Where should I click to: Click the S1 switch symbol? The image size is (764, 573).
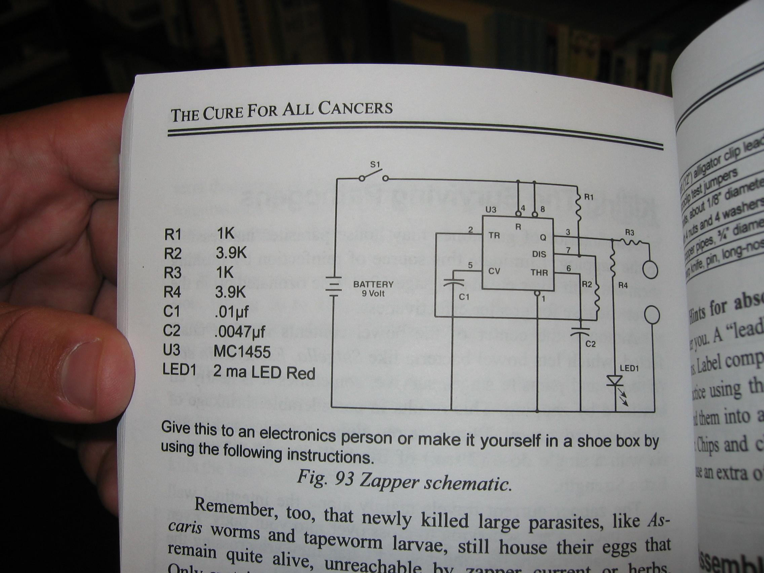click(x=373, y=177)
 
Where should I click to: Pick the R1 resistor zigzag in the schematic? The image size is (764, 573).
click(x=578, y=209)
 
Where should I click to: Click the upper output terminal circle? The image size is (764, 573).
click(x=650, y=270)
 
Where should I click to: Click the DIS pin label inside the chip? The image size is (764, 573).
click(x=539, y=254)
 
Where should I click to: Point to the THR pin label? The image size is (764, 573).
click(x=539, y=272)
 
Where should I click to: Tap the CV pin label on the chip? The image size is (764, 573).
click(x=494, y=271)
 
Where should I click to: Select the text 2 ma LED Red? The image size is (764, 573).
click(x=264, y=373)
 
